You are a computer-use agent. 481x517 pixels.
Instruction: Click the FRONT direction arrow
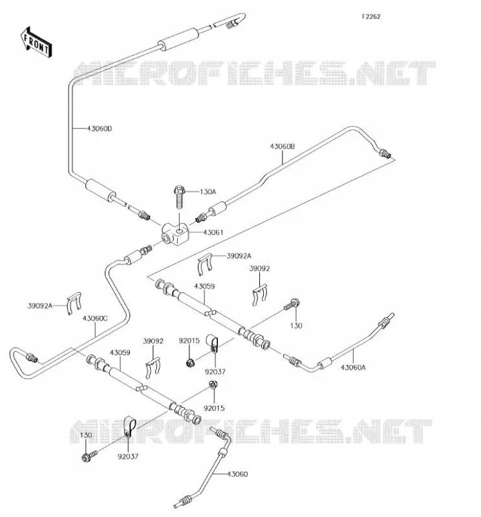click(x=36, y=43)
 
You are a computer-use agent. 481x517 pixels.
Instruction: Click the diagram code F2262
click(x=371, y=17)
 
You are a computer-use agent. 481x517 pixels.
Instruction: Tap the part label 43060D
click(x=100, y=129)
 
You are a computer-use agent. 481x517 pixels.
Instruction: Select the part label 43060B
click(x=283, y=147)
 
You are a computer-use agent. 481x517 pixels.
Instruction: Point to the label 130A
click(x=208, y=191)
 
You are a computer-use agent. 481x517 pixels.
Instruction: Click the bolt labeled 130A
click(x=179, y=197)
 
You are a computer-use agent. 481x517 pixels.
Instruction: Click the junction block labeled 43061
click(x=175, y=234)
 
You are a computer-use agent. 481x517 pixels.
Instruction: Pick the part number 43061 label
click(x=213, y=233)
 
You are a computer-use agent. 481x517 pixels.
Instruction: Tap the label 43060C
click(x=95, y=319)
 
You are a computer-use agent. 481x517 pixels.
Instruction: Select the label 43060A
click(x=353, y=367)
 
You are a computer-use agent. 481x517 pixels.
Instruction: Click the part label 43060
click(x=237, y=474)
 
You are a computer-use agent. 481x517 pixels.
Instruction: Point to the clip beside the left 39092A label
click(x=74, y=303)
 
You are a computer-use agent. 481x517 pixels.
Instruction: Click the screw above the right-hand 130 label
click(x=292, y=304)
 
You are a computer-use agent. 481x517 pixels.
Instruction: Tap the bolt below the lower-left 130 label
click(x=89, y=456)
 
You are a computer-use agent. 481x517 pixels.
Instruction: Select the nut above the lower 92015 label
click(x=213, y=385)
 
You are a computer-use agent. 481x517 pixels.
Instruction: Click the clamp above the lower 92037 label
click(x=129, y=427)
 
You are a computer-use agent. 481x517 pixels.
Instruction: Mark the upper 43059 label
click(x=204, y=286)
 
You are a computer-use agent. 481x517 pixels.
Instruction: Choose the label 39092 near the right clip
click(x=259, y=269)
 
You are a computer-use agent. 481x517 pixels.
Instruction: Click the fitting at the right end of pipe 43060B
click(x=385, y=153)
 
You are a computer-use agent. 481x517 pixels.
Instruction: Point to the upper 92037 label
click(x=215, y=372)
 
